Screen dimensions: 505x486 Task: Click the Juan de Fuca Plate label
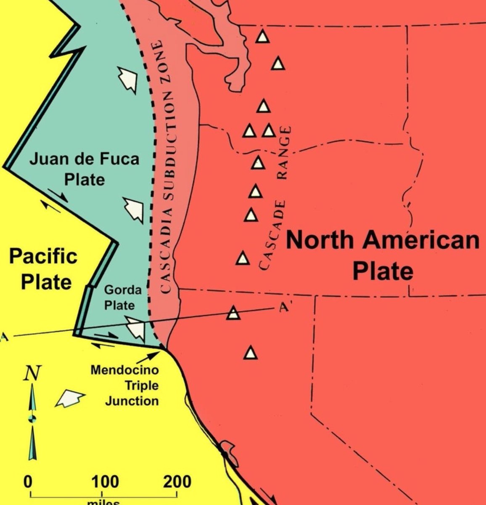(84, 169)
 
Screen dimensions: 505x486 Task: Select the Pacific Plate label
(43, 268)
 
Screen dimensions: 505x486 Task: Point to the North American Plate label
(383, 255)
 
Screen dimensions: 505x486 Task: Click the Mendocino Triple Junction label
(125, 385)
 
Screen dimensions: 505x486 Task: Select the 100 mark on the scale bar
(101, 481)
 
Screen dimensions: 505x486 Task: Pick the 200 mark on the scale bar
(177, 481)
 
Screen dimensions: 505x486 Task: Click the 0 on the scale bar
(28, 481)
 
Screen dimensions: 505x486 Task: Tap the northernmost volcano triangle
(262, 37)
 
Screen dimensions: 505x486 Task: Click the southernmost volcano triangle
(251, 353)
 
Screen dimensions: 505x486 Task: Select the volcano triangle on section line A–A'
(233, 313)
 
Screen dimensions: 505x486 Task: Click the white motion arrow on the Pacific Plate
(70, 398)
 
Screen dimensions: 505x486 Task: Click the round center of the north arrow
(32, 418)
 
